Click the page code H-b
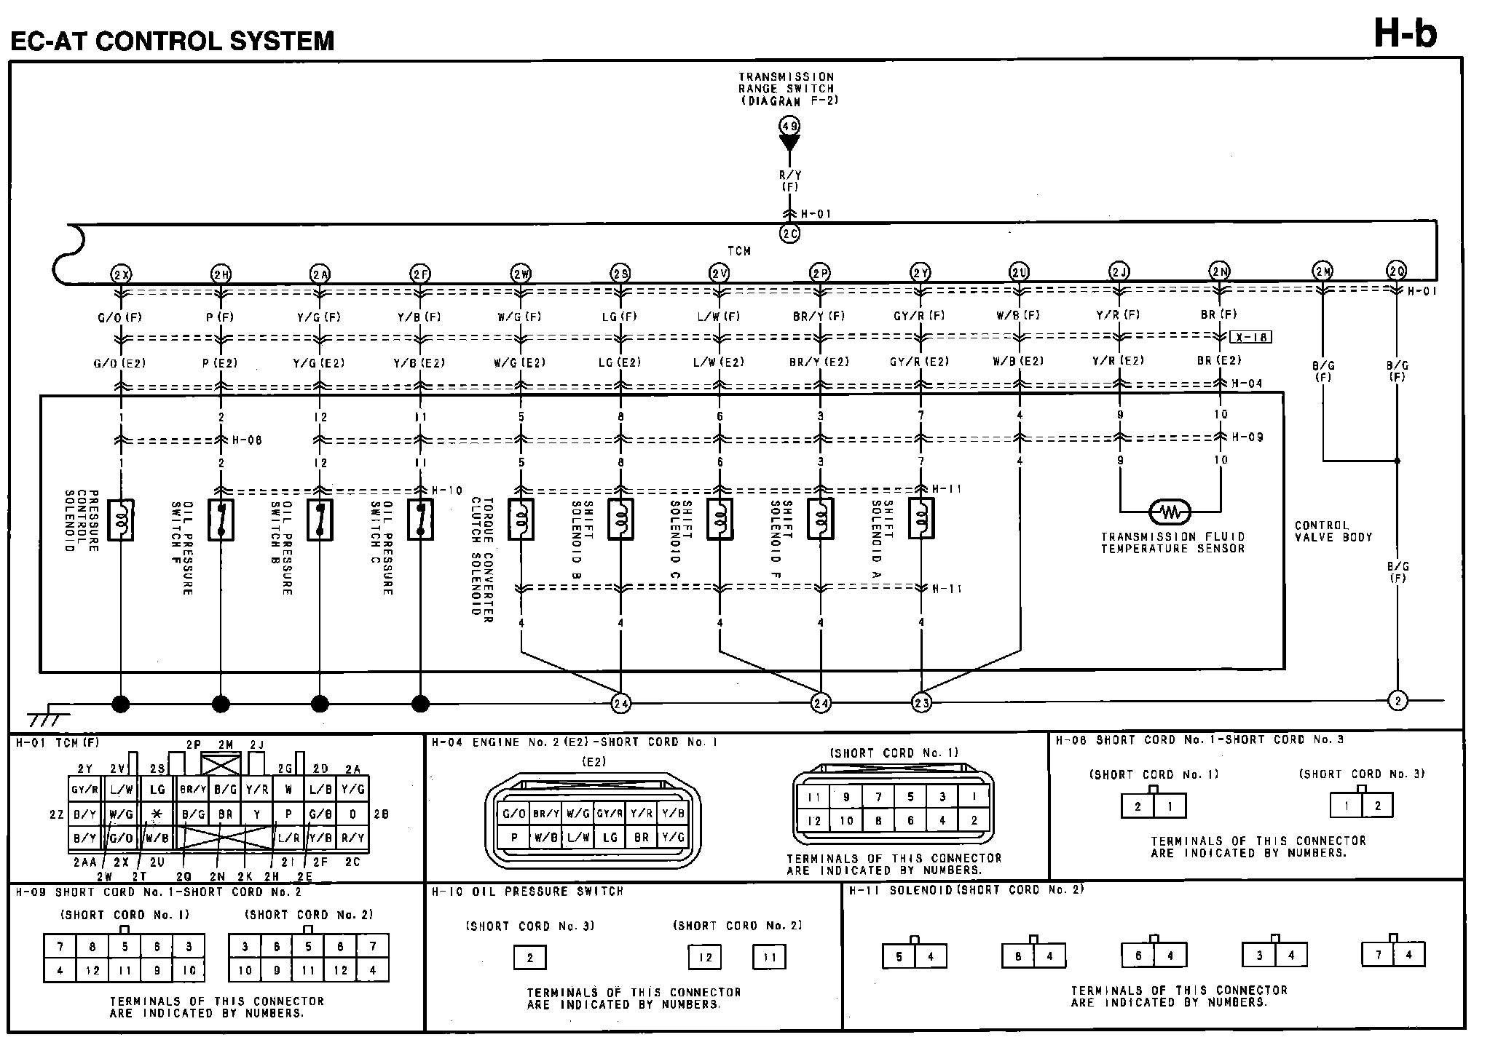coord(1405,33)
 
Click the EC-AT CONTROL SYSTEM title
coord(173,41)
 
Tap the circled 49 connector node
coord(789,126)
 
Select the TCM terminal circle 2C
coord(789,234)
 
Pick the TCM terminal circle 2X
coord(120,274)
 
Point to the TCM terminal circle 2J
coord(1119,272)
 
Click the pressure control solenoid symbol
coord(120,520)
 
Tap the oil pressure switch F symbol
coord(221,520)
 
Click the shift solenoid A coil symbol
coord(921,519)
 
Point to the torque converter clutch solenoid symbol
coord(521,520)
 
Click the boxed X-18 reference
coord(1251,337)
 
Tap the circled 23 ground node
coord(921,702)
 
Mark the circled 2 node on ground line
coord(1398,701)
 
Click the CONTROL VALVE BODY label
coord(1333,531)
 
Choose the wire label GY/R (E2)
coord(920,362)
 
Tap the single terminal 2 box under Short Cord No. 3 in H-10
coord(529,958)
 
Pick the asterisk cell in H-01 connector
coord(157,814)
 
